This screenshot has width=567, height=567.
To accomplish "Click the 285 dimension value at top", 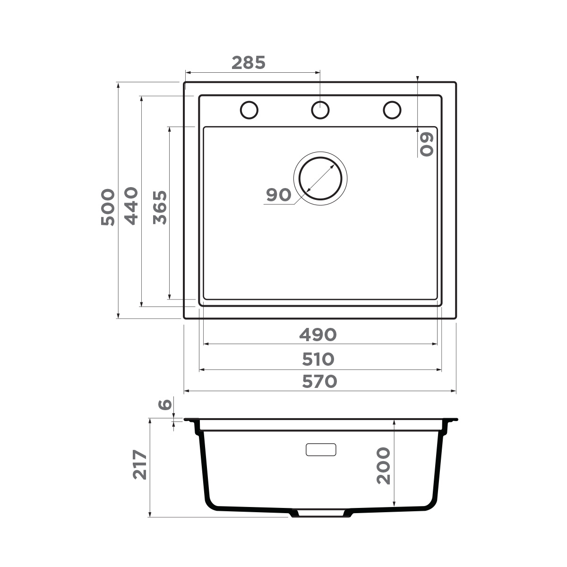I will [x=249, y=62].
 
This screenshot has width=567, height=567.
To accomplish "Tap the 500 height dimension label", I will [x=108, y=207].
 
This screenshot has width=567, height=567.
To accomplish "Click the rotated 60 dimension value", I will [x=426, y=144].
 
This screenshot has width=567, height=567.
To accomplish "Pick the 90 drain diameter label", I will [x=278, y=194].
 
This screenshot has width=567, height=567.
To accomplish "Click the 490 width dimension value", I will [x=318, y=335].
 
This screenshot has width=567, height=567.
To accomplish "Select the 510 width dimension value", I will [x=318, y=359].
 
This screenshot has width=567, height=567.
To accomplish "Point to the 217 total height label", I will [x=140, y=465].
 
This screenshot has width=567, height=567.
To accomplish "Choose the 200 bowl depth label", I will [x=383, y=466].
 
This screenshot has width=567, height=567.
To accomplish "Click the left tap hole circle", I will [x=249, y=110].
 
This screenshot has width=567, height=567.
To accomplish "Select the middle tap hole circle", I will [x=320, y=110].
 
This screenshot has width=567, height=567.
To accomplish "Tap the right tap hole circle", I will [x=392, y=110].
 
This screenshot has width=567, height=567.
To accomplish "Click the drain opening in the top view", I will [x=320, y=179].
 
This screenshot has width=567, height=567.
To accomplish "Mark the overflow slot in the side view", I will [x=321, y=449].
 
